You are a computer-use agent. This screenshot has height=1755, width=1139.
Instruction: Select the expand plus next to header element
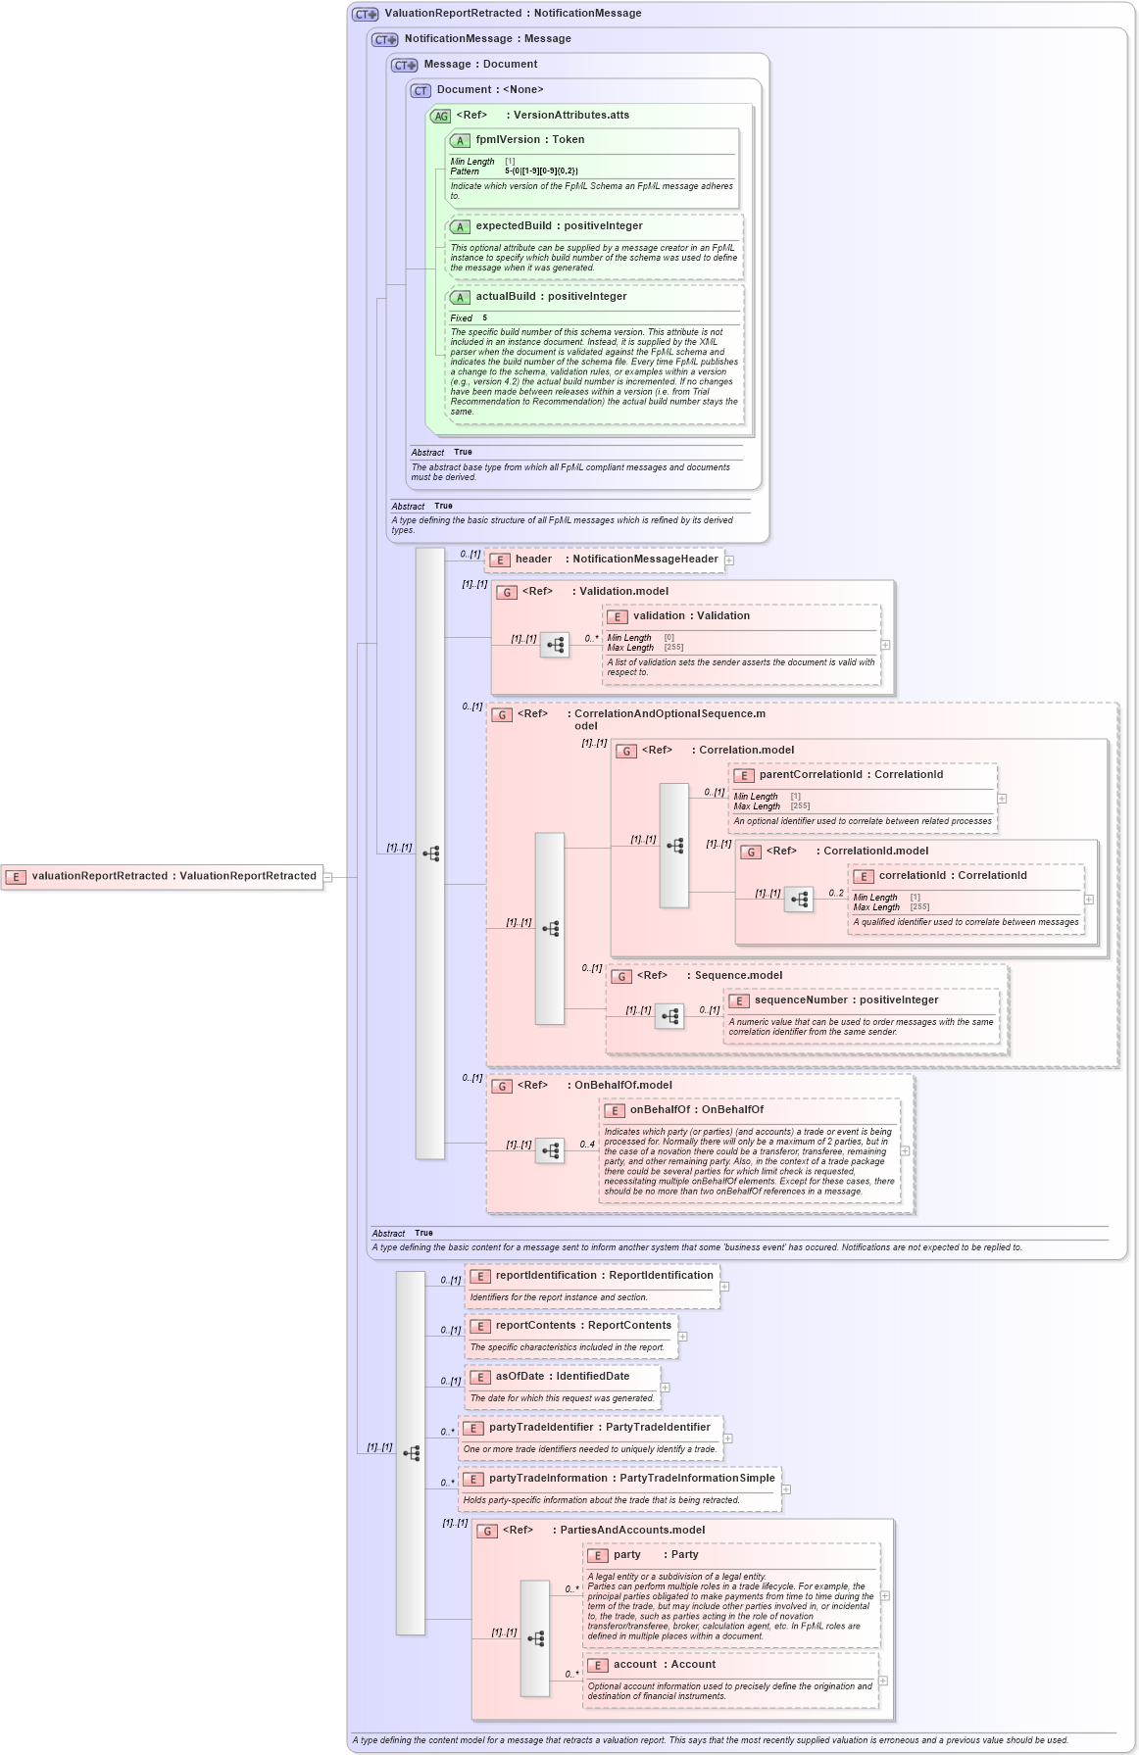coord(729,561)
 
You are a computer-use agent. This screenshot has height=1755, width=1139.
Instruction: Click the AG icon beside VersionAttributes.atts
coord(440,116)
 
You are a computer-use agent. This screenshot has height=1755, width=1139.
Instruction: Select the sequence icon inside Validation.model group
coord(555,645)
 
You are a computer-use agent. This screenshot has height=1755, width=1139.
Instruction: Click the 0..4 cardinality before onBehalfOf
coord(587,1145)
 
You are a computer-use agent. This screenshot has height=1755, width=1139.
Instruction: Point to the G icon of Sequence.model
coord(621,977)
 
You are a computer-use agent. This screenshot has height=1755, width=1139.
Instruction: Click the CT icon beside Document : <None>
coord(421,90)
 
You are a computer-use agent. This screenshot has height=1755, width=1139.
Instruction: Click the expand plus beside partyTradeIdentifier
coord(727,1438)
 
